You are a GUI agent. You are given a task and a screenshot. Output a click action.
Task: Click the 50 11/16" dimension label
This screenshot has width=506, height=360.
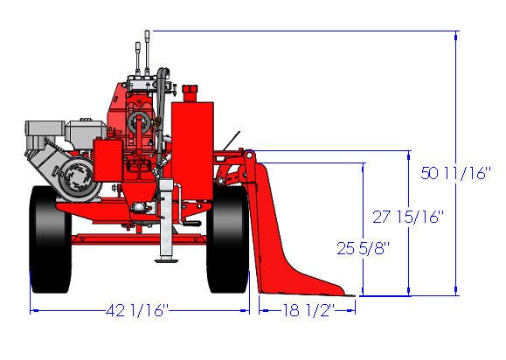tap(455, 173)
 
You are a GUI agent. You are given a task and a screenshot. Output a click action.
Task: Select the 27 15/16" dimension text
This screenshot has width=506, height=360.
tap(408, 217)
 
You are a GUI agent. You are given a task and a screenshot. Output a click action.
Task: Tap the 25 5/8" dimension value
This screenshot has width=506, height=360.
tap(363, 248)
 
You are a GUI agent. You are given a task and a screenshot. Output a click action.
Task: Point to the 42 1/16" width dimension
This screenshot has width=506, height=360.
tap(137, 310)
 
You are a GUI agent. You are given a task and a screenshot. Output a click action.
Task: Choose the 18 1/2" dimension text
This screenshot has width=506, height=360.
tap(308, 310)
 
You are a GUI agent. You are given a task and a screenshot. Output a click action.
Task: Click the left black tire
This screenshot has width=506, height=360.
tap(50, 239)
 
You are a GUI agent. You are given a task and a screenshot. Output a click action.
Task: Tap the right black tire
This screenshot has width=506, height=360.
tap(228, 239)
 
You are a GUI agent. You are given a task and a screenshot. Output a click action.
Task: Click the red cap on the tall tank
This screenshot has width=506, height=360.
tap(190, 93)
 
